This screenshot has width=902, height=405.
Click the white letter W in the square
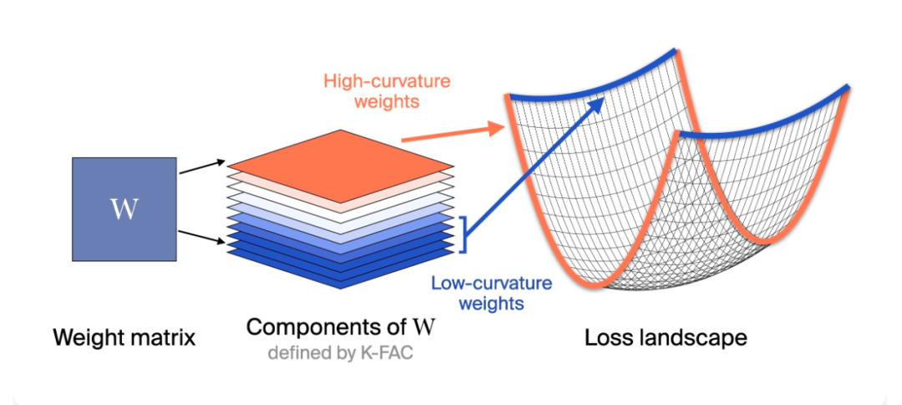point(123,209)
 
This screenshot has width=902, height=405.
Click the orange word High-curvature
point(386,82)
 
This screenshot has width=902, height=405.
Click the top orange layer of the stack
point(340,159)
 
